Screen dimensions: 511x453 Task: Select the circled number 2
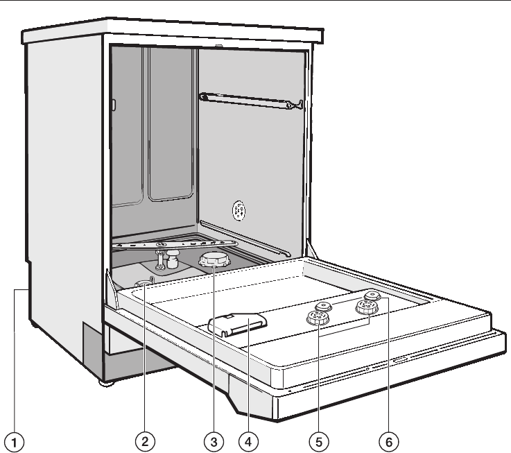[x=145, y=439]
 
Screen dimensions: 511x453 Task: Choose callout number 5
[x=320, y=439]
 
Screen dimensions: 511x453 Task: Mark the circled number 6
[x=389, y=439]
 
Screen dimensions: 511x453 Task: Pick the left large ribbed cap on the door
[x=318, y=318]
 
